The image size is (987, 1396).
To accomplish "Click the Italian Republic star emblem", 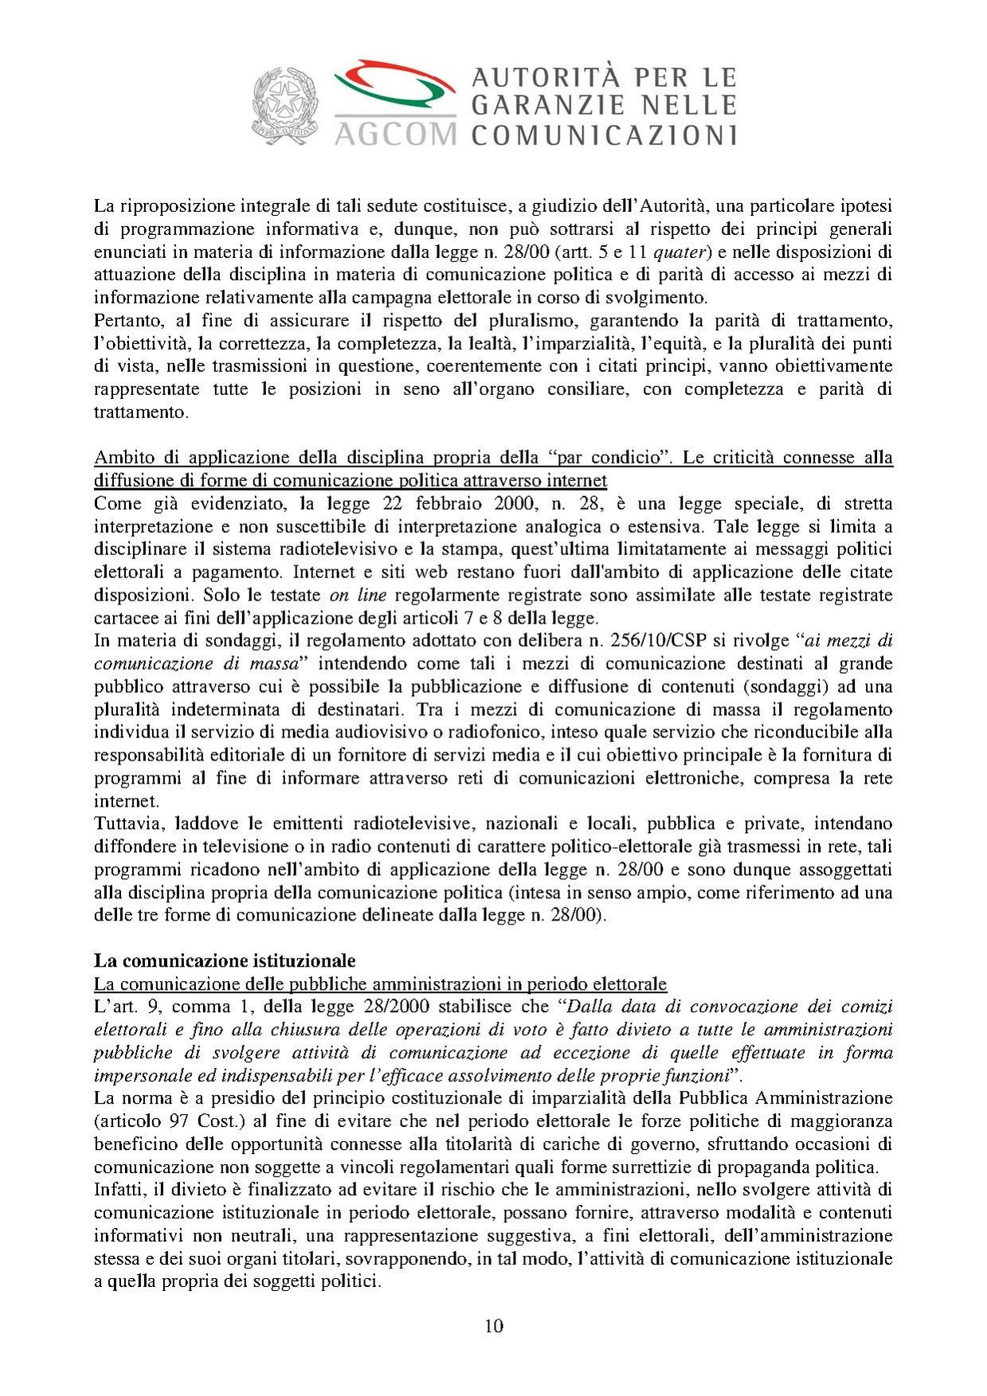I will tap(284, 105).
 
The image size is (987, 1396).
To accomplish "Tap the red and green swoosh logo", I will tap(394, 86).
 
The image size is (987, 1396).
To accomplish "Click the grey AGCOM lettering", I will tap(395, 133).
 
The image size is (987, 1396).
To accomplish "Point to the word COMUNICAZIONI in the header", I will tap(604, 134).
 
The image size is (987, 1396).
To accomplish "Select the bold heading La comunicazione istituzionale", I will tap(225, 960).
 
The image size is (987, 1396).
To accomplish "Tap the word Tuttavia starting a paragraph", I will tap(127, 823).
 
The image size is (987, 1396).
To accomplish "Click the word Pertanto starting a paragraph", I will tap(127, 321).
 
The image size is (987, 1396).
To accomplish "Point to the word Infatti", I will tap(119, 1190).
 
